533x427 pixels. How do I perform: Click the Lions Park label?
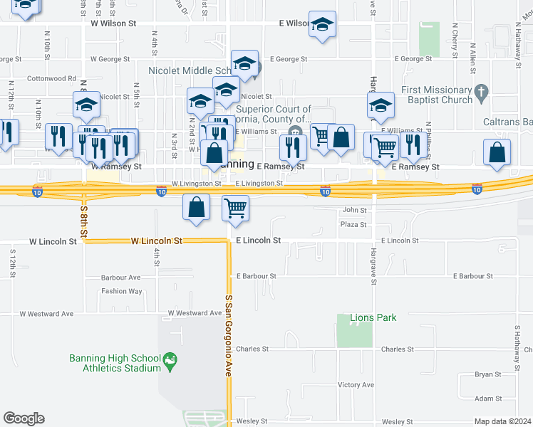tap(373, 317)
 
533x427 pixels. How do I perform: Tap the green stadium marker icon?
tap(170, 362)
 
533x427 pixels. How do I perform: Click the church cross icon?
tap(482, 91)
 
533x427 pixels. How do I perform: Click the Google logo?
tap(24, 418)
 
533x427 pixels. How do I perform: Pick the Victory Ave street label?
tap(356, 385)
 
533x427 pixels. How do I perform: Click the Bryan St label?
tap(488, 374)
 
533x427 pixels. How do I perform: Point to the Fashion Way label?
tap(121, 291)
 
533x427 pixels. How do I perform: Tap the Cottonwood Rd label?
tap(51, 78)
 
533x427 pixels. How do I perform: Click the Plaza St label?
tap(353, 224)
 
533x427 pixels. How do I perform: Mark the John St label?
tap(354, 210)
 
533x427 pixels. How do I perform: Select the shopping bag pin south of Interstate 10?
tap(196, 206)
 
